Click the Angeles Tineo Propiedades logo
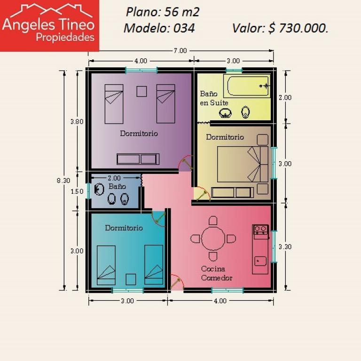click(49, 25)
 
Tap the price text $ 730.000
click(298, 28)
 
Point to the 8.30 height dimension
click(63, 180)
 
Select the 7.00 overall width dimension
click(180, 51)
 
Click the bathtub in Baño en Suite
click(247, 86)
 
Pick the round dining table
click(213, 238)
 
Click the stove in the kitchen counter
click(260, 230)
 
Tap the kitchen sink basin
click(260, 261)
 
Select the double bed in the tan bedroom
click(243, 164)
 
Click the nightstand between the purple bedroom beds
click(141, 91)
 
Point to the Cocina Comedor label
click(216, 273)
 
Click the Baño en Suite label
click(214, 98)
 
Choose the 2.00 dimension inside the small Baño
click(114, 178)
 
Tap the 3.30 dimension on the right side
click(285, 247)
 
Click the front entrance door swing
click(177, 282)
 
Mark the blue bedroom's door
click(158, 218)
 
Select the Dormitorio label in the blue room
click(124, 228)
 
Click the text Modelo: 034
click(159, 28)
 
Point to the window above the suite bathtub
click(234, 70)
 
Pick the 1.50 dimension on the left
click(77, 191)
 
